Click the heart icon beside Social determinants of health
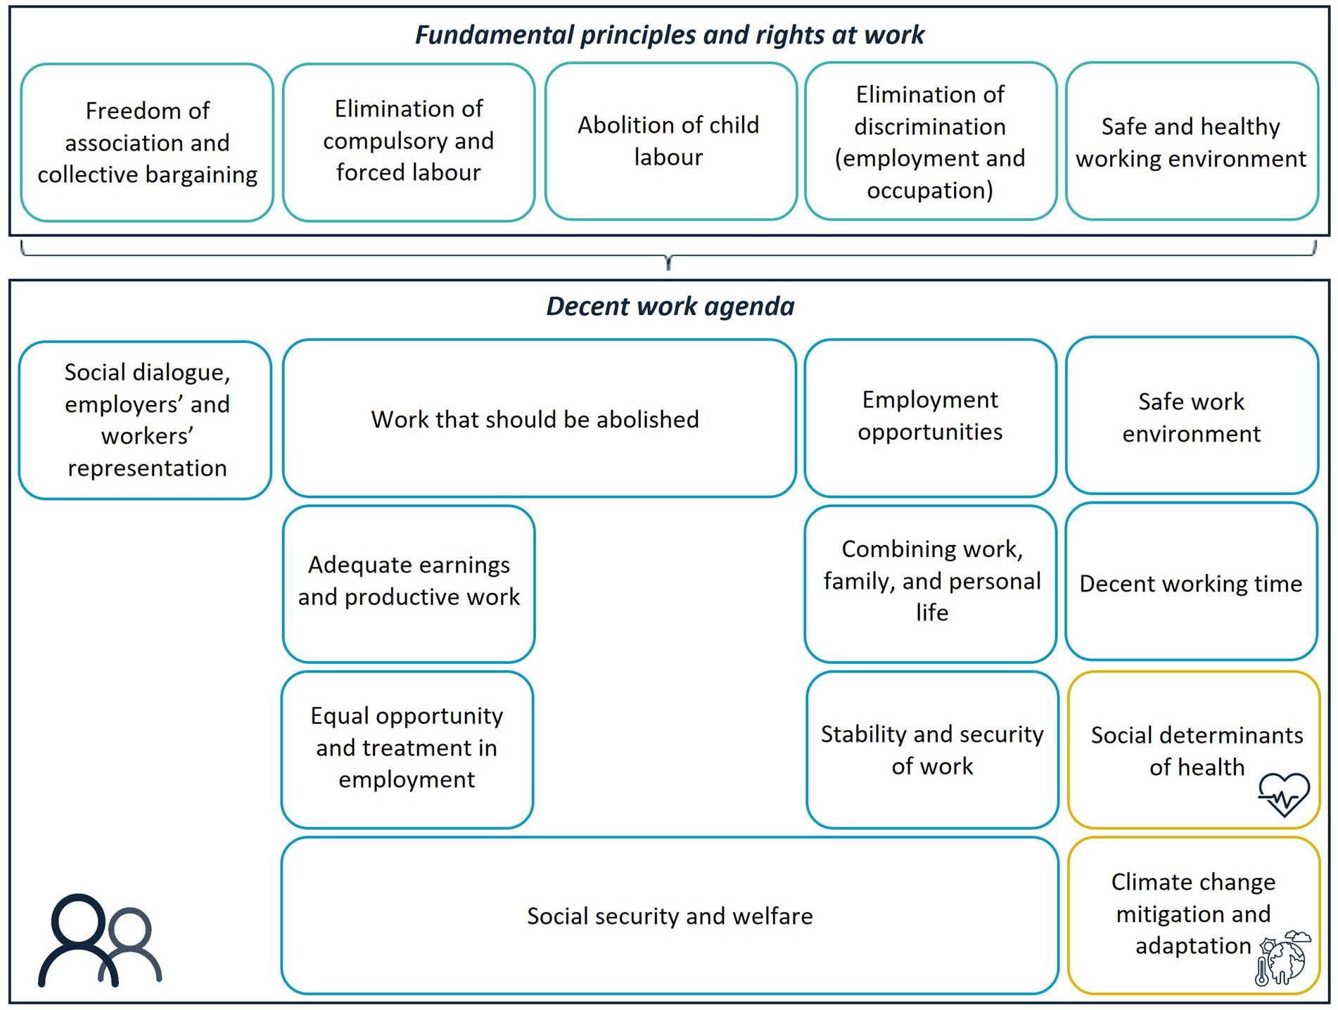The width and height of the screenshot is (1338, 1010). point(1284,795)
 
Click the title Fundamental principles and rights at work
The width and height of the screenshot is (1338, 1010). point(669,35)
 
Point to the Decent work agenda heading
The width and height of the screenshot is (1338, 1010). point(670,307)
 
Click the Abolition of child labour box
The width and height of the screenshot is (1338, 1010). point(670,141)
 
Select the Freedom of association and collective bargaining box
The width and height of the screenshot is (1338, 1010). point(147,143)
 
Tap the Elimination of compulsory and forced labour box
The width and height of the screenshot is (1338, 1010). point(409,141)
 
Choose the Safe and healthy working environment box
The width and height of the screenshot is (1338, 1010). point(1191,141)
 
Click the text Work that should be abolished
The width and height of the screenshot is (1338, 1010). point(535,420)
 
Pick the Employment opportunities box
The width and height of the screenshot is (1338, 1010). point(930,417)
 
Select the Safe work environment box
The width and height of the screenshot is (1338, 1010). point(1191,417)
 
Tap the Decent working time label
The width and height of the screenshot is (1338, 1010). point(1190,584)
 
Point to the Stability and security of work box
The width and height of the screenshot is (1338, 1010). point(932,750)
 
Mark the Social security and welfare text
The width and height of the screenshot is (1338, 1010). point(670,916)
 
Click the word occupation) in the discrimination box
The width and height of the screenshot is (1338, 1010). point(930,191)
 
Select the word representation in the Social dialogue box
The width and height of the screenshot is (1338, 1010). point(147,468)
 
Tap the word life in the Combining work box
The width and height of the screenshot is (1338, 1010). point(932,613)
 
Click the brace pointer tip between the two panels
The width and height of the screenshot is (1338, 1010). point(668,265)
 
